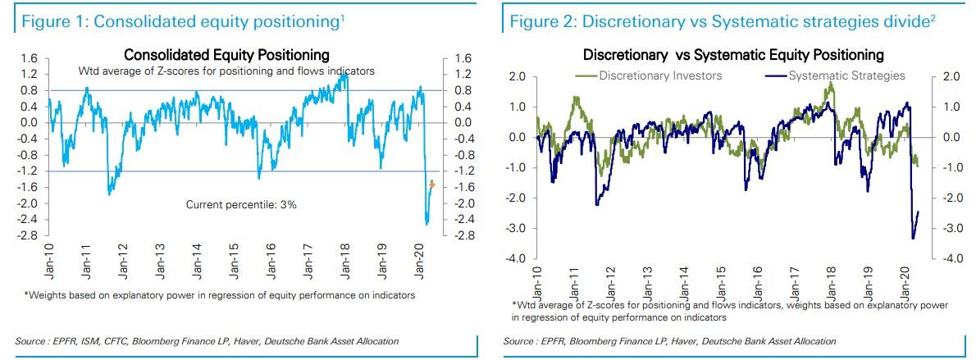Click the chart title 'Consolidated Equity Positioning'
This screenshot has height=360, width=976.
(226, 55)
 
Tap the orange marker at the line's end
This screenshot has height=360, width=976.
(432, 186)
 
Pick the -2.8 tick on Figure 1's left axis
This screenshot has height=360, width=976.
(29, 235)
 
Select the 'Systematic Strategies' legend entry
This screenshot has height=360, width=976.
(846, 76)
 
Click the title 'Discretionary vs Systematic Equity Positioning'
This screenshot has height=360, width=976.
(733, 55)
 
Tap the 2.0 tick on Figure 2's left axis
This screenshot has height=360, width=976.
(515, 76)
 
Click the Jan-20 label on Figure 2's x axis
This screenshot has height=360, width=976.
(907, 281)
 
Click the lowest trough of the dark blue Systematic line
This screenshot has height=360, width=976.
(913, 239)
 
